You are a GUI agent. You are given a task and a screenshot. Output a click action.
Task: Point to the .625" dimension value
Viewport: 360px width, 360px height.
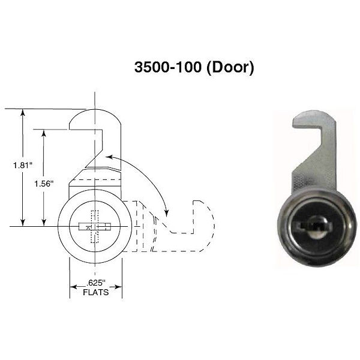pos(95,282)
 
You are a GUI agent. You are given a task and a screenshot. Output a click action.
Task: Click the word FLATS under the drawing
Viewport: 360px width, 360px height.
pos(95,292)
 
